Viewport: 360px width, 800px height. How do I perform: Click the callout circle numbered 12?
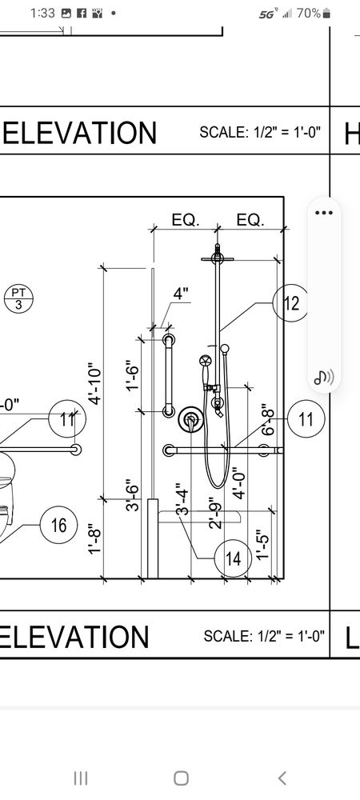coord(290,303)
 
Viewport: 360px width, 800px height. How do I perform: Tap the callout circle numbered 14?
coord(233,558)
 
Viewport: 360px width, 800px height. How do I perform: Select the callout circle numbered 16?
coord(58,525)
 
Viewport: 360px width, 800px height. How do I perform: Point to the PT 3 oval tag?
coord(17,298)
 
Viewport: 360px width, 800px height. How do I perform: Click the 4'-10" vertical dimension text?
coord(94,384)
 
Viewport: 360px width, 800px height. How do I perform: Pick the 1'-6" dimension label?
coord(133,374)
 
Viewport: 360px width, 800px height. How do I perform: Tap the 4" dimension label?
coord(181,294)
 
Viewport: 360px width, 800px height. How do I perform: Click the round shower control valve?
coord(190,418)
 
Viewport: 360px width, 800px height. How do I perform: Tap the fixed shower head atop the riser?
coord(216,257)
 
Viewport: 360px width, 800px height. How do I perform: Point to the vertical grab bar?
coord(169,375)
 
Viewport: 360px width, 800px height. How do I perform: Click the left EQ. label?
coord(185,220)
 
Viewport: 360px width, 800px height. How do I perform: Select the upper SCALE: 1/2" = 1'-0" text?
coord(260,132)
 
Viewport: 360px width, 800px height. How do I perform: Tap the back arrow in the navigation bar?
coord(282,778)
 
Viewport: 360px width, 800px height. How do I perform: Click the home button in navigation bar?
coord(181,778)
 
